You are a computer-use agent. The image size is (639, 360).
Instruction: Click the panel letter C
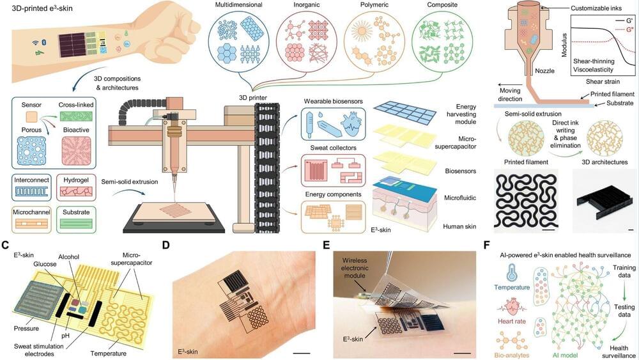click(6, 246)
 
